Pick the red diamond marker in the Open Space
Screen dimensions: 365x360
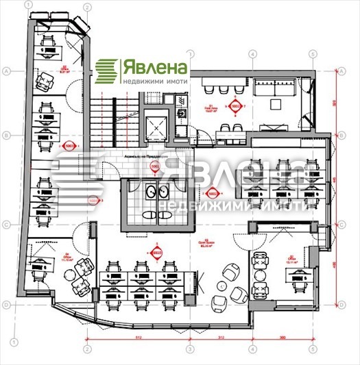point(158,253)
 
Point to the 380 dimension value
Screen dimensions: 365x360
point(283,336)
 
